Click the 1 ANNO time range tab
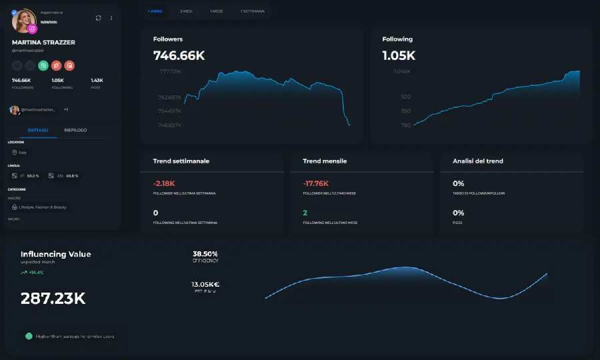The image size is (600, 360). (155, 11)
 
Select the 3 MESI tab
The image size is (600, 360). (186, 11)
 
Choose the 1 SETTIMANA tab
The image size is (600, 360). (252, 11)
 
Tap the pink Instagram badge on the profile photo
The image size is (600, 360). (32, 29)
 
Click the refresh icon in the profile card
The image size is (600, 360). (99, 18)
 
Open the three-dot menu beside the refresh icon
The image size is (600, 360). (111, 18)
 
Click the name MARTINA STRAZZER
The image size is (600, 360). (43, 43)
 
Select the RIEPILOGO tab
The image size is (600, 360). (75, 130)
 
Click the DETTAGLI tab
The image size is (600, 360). (38, 130)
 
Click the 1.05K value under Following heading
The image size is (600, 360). (399, 55)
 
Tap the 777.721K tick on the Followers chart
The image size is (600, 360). (170, 71)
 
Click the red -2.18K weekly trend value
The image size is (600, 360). (164, 183)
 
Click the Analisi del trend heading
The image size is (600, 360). (478, 161)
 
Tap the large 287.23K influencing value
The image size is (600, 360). (53, 299)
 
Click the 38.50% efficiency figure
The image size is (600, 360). (205, 254)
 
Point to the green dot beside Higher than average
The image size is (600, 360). (29, 336)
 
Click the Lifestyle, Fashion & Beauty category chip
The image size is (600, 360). (43, 207)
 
